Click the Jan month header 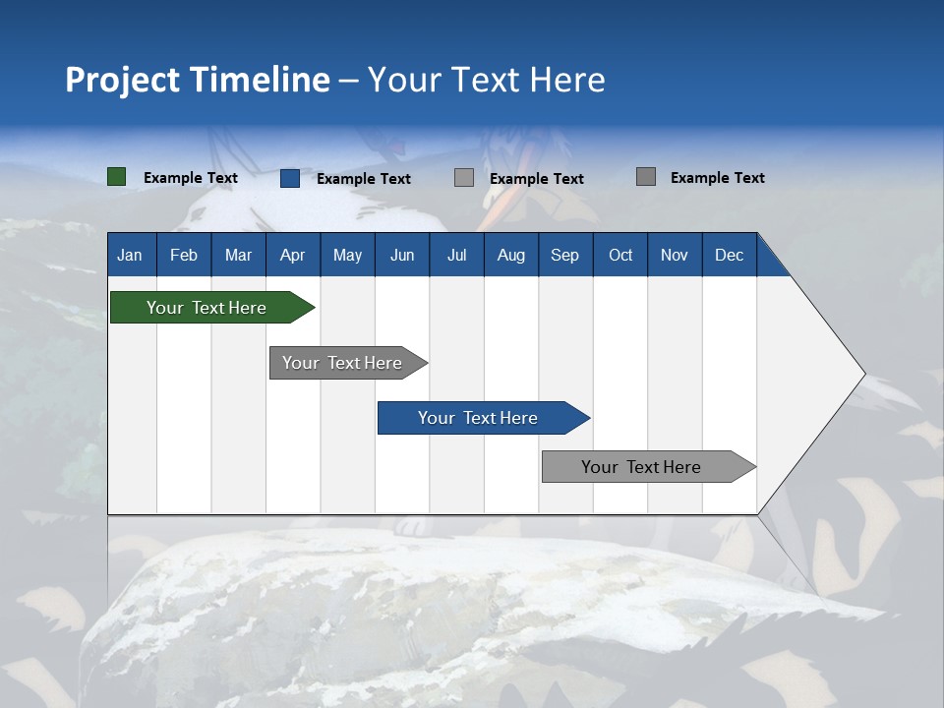(x=131, y=255)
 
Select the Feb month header (x=184, y=255)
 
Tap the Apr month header (x=292, y=255)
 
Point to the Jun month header (x=402, y=255)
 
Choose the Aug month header (x=510, y=255)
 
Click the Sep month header (x=565, y=255)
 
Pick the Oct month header (x=620, y=255)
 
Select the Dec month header (x=730, y=255)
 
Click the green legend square (x=117, y=177)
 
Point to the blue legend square (x=290, y=178)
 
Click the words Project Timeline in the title (x=198, y=80)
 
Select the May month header (x=347, y=255)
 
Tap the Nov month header (x=675, y=255)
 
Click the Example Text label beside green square (x=191, y=178)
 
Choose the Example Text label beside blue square (x=364, y=179)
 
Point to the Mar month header (x=238, y=255)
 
